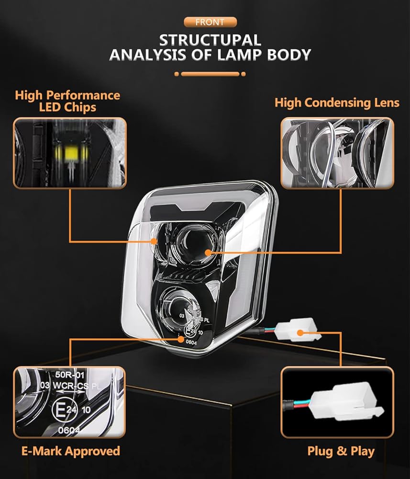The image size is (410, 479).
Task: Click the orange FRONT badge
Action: (210, 22)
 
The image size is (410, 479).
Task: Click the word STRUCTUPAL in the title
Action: (210, 40)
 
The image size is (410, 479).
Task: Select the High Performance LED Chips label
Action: (67, 101)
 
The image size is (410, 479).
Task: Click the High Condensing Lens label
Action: (337, 103)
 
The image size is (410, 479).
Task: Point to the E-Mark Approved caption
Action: (70, 451)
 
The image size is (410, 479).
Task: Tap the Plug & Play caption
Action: (341, 451)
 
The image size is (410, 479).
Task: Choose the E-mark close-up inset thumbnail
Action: (70, 402)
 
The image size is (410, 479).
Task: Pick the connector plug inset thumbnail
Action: (337, 401)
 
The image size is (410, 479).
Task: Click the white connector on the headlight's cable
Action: (299, 331)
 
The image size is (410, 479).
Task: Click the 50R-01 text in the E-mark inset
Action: (66, 374)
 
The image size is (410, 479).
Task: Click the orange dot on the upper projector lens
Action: (208, 251)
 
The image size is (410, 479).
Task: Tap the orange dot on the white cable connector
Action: (300, 331)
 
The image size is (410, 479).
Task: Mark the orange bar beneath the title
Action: (210, 74)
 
